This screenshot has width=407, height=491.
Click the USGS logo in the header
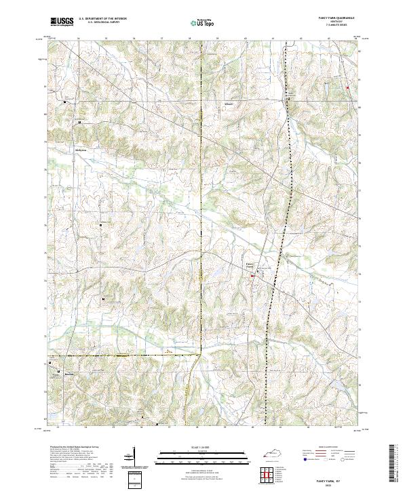click(x=62, y=22)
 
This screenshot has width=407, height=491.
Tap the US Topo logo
click(x=203, y=22)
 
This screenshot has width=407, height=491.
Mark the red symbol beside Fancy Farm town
click(x=253, y=275)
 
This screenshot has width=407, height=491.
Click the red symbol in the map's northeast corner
click(x=347, y=88)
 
